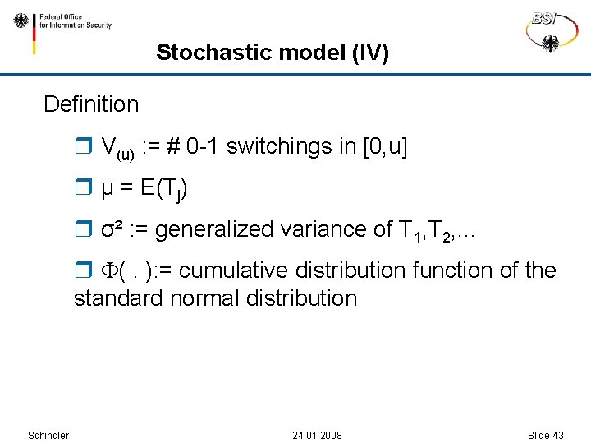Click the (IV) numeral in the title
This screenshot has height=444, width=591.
click(x=369, y=53)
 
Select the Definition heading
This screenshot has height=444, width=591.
click(x=91, y=104)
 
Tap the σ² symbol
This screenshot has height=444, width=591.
click(x=112, y=230)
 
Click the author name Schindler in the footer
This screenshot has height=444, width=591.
click(x=48, y=435)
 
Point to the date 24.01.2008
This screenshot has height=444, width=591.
click(x=318, y=435)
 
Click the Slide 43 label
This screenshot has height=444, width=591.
click(x=545, y=435)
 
